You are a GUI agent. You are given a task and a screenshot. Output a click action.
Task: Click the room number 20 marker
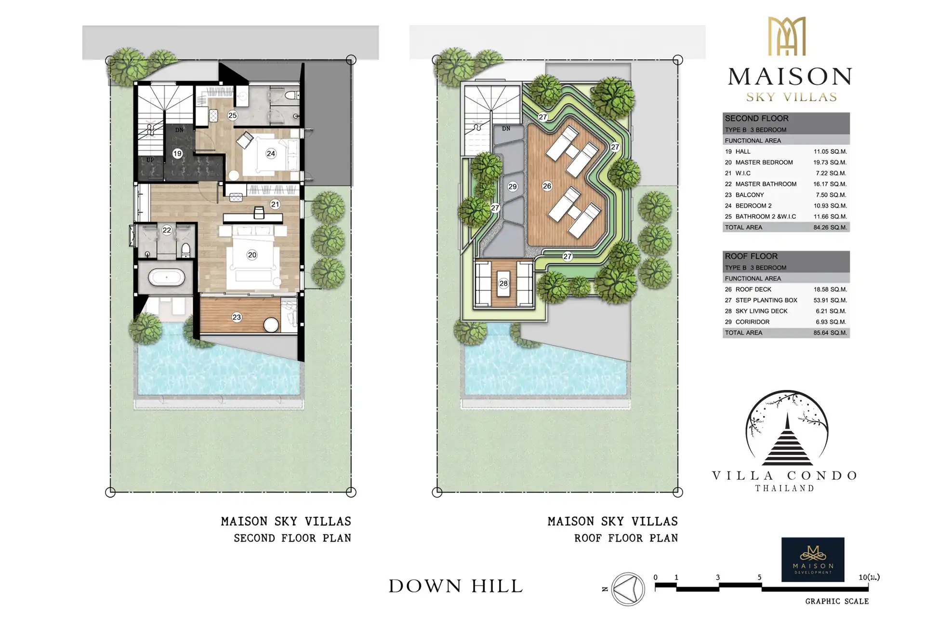click(252, 255)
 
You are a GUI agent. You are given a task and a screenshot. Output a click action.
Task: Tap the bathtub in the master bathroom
click(166, 278)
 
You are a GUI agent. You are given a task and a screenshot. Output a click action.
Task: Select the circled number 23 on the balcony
click(237, 317)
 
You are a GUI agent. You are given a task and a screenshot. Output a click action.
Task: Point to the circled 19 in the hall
click(177, 153)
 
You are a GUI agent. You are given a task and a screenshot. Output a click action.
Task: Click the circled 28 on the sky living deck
click(503, 283)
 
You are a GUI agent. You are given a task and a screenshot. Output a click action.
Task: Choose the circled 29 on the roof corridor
click(513, 187)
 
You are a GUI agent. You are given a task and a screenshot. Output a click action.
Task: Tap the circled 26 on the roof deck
click(547, 186)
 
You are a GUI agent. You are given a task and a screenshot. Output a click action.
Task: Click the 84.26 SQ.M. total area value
click(830, 228)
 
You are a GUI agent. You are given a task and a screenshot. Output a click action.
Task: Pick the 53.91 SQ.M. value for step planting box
click(830, 300)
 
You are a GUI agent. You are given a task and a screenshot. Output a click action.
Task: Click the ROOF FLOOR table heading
click(751, 256)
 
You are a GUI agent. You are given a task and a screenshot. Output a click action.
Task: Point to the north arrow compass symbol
click(628, 589)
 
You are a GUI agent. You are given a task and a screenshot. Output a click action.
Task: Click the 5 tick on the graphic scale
click(759, 577)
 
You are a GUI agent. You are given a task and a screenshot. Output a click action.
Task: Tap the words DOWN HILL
click(456, 586)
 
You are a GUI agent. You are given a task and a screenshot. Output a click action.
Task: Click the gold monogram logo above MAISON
click(787, 36)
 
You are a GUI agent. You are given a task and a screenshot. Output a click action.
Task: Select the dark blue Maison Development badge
click(813, 560)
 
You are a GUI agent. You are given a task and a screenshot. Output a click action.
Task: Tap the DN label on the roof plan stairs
click(506, 129)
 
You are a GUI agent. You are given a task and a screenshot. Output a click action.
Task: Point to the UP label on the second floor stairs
click(150, 160)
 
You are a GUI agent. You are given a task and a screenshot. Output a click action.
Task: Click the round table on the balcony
click(271, 325)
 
